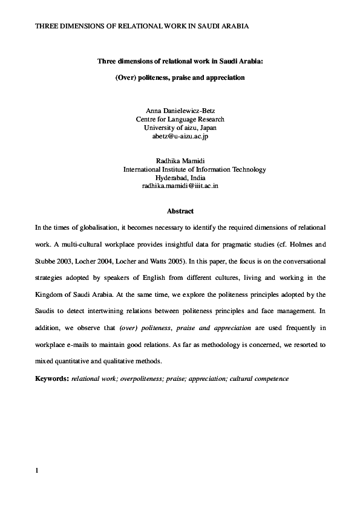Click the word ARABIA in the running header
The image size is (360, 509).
232,27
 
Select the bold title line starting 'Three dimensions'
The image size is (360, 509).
180,61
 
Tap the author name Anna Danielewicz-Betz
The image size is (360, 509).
180,111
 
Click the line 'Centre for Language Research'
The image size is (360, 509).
180,120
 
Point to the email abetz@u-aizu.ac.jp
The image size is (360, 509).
180,137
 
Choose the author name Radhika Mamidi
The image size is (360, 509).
180,161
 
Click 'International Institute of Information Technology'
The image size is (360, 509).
194,170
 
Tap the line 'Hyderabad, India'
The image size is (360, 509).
180,178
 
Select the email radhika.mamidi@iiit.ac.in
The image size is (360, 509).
180,187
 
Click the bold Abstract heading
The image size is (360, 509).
180,212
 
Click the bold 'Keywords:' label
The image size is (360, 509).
52,379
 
